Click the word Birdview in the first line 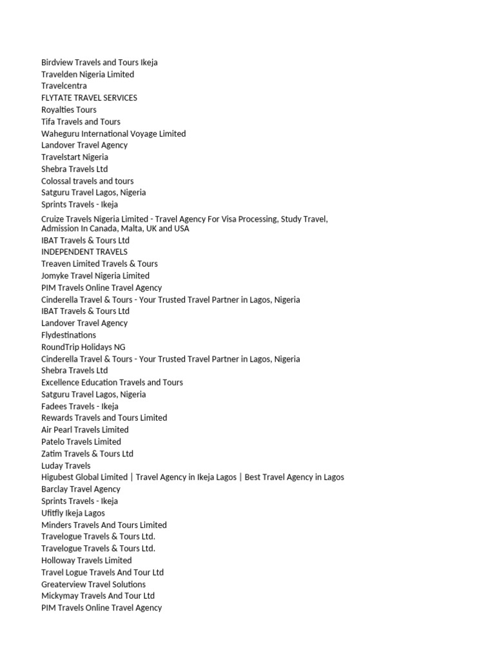[x=57, y=63]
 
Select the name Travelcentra [x=64, y=86]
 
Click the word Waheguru [x=59, y=133]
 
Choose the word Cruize [x=53, y=219]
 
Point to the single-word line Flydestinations [x=68, y=335]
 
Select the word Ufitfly [x=52, y=513]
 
